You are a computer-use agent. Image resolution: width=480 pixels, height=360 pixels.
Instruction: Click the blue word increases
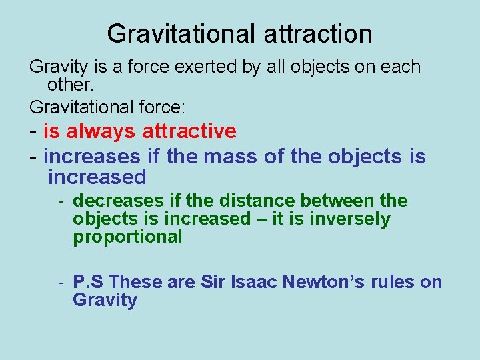[92, 157]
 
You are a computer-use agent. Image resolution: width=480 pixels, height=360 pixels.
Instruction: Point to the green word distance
[261, 201]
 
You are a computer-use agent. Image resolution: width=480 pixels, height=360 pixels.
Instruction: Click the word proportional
[127, 237]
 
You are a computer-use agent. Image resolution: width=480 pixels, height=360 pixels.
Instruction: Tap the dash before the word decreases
[60, 201]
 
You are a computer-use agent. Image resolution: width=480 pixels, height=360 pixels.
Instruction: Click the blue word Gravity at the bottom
[105, 300]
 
